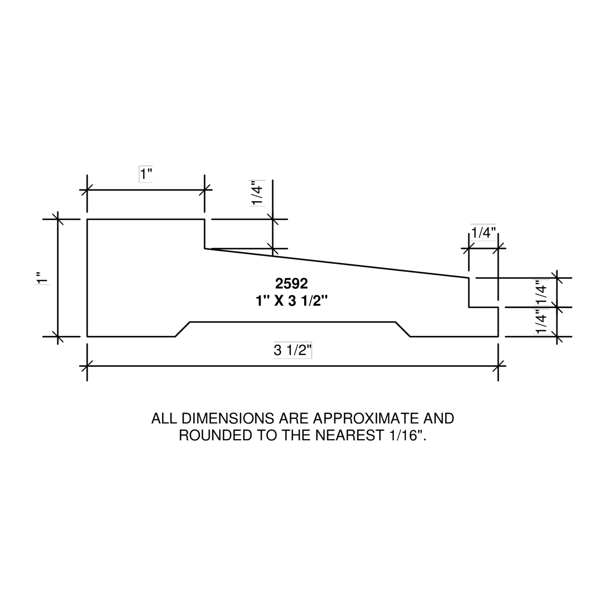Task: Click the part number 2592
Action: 291,284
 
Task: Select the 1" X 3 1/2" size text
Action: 292,301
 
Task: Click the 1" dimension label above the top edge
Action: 146,174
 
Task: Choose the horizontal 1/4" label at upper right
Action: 483,233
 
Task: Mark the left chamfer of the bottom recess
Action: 182,329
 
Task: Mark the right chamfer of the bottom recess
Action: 403,329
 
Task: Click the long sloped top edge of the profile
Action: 337,263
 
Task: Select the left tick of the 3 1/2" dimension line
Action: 87,366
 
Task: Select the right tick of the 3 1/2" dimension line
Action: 498,366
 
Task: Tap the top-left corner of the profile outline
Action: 87,219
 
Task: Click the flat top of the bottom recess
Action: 293,322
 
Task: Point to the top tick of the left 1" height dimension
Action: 58,219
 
